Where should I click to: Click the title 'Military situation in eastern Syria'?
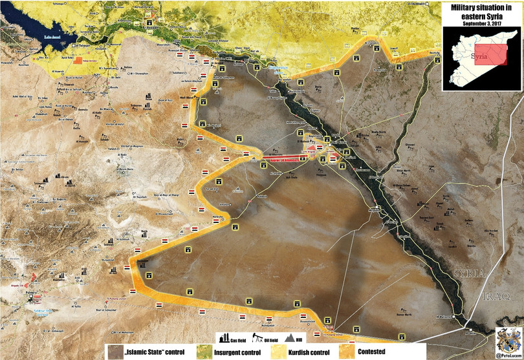tap(481, 12)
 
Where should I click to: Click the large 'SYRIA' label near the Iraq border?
tap(469, 273)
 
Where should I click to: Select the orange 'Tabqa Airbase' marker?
tap(78, 60)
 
